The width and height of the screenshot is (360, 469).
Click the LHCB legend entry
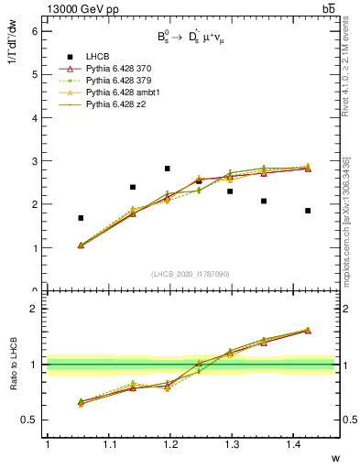[x=97, y=57]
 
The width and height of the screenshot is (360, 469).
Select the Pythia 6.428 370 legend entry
[x=118, y=69]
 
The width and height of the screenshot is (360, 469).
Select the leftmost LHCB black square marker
[x=81, y=218]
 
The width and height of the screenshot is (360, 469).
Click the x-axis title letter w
[x=336, y=457]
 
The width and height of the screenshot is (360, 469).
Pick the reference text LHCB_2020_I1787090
[x=191, y=274]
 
